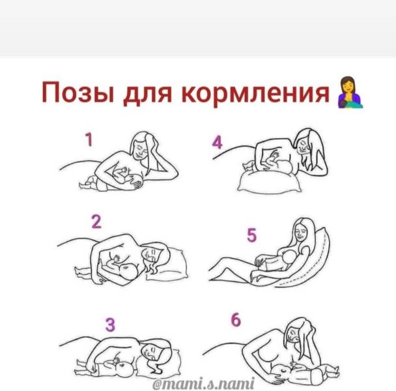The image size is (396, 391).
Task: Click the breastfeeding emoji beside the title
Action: [x=350, y=93]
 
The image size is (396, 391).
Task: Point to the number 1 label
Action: [x=89, y=139]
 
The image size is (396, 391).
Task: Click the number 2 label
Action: [x=96, y=222]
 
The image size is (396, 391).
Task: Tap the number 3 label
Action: [x=110, y=325]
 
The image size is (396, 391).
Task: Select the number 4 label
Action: [x=217, y=143]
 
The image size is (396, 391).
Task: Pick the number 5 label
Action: [x=251, y=235]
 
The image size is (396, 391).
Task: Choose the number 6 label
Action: [x=236, y=320]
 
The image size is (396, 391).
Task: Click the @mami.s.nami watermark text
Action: [x=203, y=384]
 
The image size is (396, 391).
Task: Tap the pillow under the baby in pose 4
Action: [x=270, y=181]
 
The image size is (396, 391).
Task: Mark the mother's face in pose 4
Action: [x=303, y=146]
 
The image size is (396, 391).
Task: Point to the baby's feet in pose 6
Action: [x=333, y=369]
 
